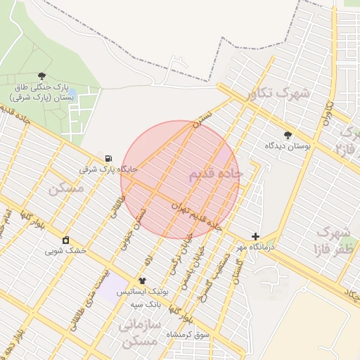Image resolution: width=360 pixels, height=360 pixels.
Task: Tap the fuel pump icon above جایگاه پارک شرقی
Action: click(x=108, y=159)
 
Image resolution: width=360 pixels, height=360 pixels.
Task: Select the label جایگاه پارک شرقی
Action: click(x=108, y=169)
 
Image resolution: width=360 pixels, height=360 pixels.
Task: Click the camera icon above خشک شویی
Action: click(x=66, y=240)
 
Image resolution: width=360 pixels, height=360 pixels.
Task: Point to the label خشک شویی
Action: click(x=65, y=250)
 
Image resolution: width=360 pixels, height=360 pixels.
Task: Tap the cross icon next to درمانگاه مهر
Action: click(x=255, y=237)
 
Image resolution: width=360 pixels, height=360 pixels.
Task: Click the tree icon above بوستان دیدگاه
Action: click(x=287, y=135)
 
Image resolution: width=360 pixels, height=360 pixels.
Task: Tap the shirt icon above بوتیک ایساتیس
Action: click(x=143, y=281)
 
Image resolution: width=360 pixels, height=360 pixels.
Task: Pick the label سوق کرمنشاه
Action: click(x=188, y=335)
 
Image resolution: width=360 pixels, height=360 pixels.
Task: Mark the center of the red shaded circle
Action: click(x=180, y=179)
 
